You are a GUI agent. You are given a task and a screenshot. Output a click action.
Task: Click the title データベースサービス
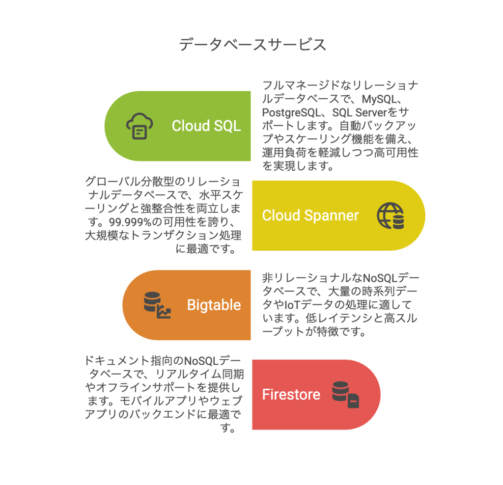pyautogui.click(x=252, y=45)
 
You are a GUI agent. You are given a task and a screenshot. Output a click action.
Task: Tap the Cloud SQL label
pyautogui.click(x=206, y=126)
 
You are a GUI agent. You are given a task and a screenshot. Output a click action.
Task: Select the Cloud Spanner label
pyautogui.click(x=310, y=216)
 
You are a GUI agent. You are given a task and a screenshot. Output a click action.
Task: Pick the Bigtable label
pyautogui.click(x=214, y=305)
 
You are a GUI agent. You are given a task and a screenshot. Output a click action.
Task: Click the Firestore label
pyautogui.click(x=291, y=395)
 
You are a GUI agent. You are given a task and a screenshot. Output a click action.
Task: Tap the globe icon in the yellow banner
pyautogui.click(x=391, y=216)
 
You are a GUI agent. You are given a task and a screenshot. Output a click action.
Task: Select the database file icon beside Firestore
pyautogui.click(x=345, y=395)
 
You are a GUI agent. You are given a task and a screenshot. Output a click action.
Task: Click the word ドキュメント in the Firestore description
pyautogui.click(x=110, y=361)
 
